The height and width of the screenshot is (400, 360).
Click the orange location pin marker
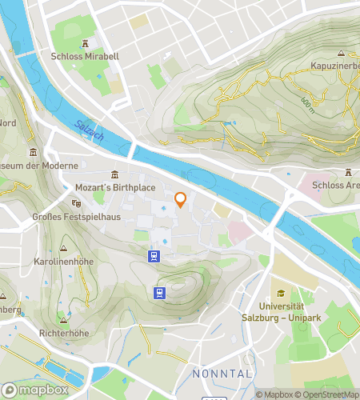[181, 200]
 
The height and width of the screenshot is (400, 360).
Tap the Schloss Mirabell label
[85, 57]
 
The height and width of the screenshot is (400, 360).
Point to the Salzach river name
[88, 130]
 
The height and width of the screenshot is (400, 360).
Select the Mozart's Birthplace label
[114, 187]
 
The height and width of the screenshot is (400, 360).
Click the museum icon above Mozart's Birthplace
[114, 174]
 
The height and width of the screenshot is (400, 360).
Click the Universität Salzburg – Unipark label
[282, 313]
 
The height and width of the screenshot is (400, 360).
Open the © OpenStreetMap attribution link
[328, 394]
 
